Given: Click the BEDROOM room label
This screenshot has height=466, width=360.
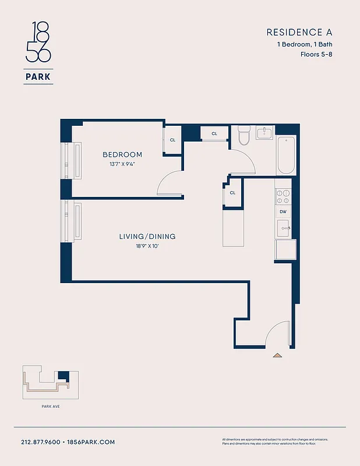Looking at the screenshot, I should coord(122,154).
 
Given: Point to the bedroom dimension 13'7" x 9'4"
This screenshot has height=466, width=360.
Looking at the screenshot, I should coord(122,164).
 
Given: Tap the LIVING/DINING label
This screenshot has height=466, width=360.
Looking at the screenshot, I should coord(147,236).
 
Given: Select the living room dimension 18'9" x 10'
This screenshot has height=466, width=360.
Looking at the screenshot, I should coord(147,246).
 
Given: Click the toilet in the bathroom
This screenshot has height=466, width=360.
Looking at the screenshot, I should coord(243,136).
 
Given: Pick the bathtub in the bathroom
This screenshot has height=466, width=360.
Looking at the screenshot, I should coord(286,155).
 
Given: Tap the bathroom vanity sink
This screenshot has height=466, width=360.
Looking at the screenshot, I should coord(265,133).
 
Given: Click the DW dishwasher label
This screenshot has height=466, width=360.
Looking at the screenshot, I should coord(283,212).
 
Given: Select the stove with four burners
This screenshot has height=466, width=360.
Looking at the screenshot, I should coord(283,196).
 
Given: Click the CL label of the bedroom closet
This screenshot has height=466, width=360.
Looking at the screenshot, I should coord(172,140).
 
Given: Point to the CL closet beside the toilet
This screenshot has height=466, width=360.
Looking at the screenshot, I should coord(214,133).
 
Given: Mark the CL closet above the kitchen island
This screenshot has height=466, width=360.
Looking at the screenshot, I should coord(232,193).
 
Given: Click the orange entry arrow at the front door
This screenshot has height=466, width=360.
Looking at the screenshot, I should coord(278,354).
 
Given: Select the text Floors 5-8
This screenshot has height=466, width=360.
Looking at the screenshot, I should coord(316,54).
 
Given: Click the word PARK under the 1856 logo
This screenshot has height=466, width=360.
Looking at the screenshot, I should coord(38,76).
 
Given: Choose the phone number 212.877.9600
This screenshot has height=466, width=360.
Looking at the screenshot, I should coord(41,442).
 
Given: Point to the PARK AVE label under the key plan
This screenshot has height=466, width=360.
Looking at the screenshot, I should coord(51,406).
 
